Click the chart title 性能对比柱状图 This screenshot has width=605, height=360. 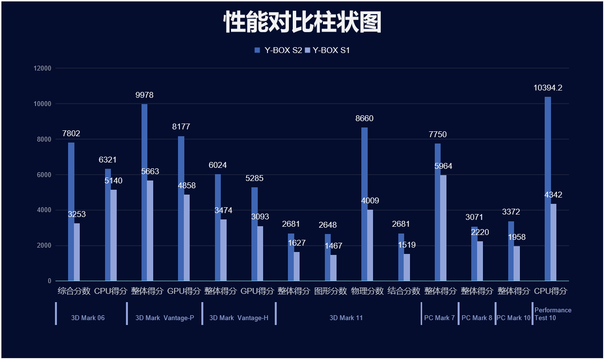point(302,22)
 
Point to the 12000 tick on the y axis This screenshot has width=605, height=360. point(42,69)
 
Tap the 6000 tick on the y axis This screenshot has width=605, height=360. point(44,175)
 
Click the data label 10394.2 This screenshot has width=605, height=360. point(548,88)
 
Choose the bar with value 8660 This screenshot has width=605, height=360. point(364,204)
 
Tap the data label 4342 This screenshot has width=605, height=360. point(553,195)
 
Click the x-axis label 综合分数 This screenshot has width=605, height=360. point(74,291)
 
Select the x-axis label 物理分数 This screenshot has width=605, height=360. point(367,291)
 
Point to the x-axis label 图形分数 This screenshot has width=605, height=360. point(331,291)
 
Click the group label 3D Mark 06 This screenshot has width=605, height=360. point(88,318)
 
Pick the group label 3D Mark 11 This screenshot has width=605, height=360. point(346,318)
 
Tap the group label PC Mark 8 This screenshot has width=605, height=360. point(477,318)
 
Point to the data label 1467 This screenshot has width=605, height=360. point(334,246)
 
